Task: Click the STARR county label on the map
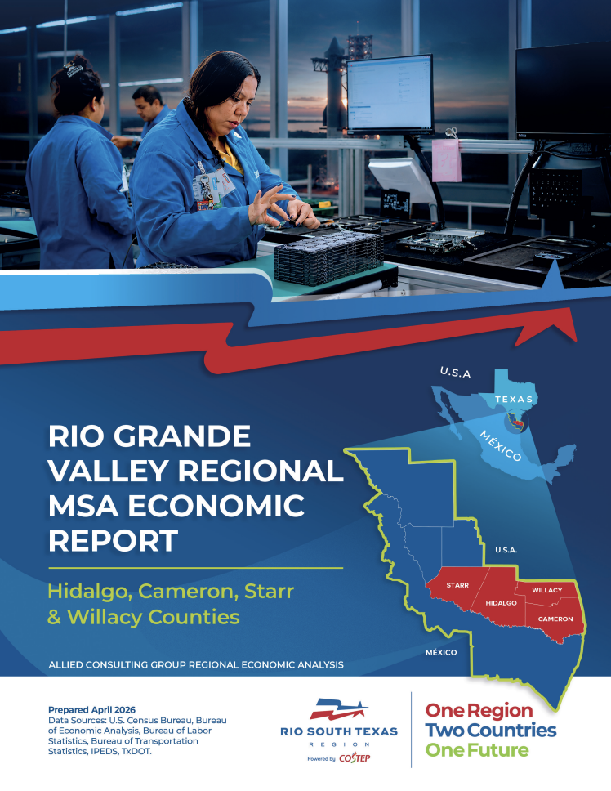click(x=457, y=585)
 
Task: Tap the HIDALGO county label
click(x=501, y=603)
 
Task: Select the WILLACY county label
click(x=547, y=590)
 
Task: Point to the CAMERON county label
click(x=555, y=619)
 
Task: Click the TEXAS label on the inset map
click(x=514, y=399)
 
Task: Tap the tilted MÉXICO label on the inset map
click(x=500, y=446)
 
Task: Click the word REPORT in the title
click(x=114, y=540)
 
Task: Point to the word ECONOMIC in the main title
click(x=216, y=506)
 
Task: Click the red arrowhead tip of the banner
click(x=576, y=339)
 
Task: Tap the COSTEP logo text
click(x=355, y=758)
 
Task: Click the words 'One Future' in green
click(x=477, y=750)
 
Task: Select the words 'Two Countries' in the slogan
click(x=490, y=730)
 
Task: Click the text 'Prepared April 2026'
click(x=91, y=710)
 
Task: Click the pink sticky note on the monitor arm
click(x=446, y=160)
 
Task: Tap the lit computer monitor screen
click(x=390, y=94)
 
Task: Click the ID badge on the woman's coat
click(x=214, y=185)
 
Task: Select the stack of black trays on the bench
click(x=328, y=257)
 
